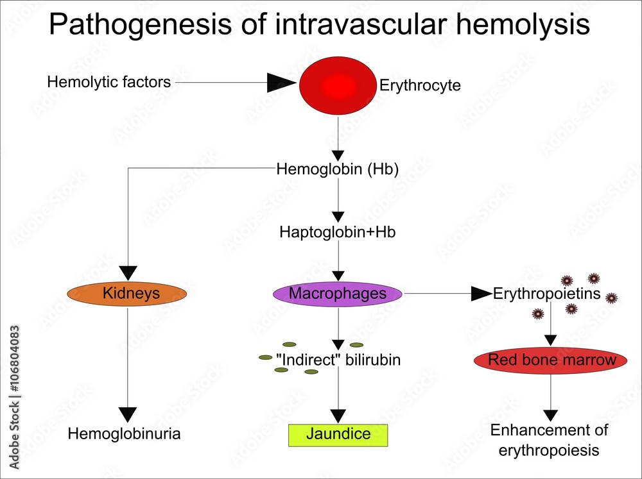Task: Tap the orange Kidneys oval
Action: tap(127, 294)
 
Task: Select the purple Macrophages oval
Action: tap(338, 294)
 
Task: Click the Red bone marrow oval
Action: tap(551, 360)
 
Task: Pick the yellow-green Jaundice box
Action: tap(338, 434)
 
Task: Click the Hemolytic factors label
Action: tap(109, 82)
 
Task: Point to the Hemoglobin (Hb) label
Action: tap(338, 170)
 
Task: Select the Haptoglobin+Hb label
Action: tap(338, 232)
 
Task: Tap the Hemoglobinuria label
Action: tap(125, 434)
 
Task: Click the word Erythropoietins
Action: tap(547, 294)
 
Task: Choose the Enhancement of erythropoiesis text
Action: tap(549, 440)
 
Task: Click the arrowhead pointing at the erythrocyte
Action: tap(281, 82)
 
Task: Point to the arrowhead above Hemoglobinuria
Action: tap(128, 414)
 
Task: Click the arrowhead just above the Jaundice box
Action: tap(338, 416)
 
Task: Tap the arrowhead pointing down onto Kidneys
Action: tap(128, 273)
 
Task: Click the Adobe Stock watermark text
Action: tap(14, 398)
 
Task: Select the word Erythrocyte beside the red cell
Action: tap(420, 85)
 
